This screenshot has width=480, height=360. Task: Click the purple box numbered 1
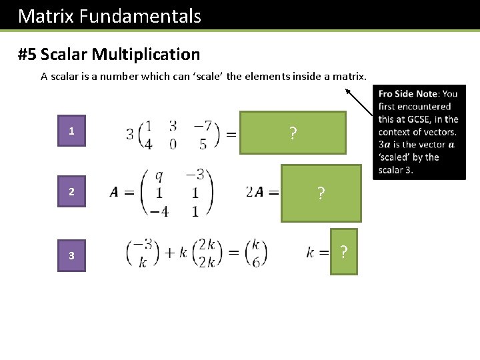click(71, 131)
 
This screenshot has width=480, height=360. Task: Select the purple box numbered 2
click(71, 192)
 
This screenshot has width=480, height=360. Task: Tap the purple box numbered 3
click(71, 255)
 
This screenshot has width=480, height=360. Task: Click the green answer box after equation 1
click(293, 133)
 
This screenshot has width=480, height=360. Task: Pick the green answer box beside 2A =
click(321, 193)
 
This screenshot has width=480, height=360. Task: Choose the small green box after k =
click(343, 251)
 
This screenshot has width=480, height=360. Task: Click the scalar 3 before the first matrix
click(130, 134)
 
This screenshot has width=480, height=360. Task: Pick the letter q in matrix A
click(159, 175)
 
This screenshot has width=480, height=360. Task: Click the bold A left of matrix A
click(115, 193)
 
